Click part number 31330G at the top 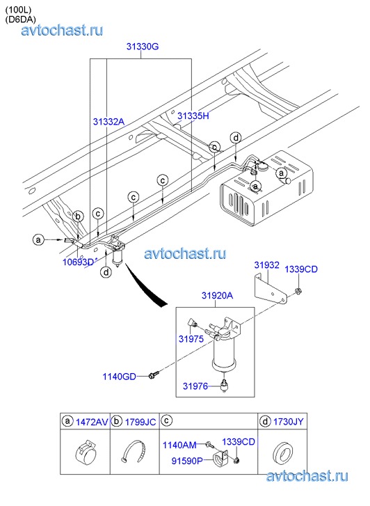[143, 47]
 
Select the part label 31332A [108, 122]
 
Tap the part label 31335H [193, 116]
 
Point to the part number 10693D [78, 262]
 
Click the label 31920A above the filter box [218, 295]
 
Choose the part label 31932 [266, 265]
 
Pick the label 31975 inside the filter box [191, 339]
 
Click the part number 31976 [195, 386]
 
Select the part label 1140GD [120, 377]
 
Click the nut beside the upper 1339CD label [298, 290]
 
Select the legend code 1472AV [92, 422]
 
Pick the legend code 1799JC [140, 422]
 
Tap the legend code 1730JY [289, 422]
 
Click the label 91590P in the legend [187, 461]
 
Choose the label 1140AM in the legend [179, 445]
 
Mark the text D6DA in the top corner [20, 19]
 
